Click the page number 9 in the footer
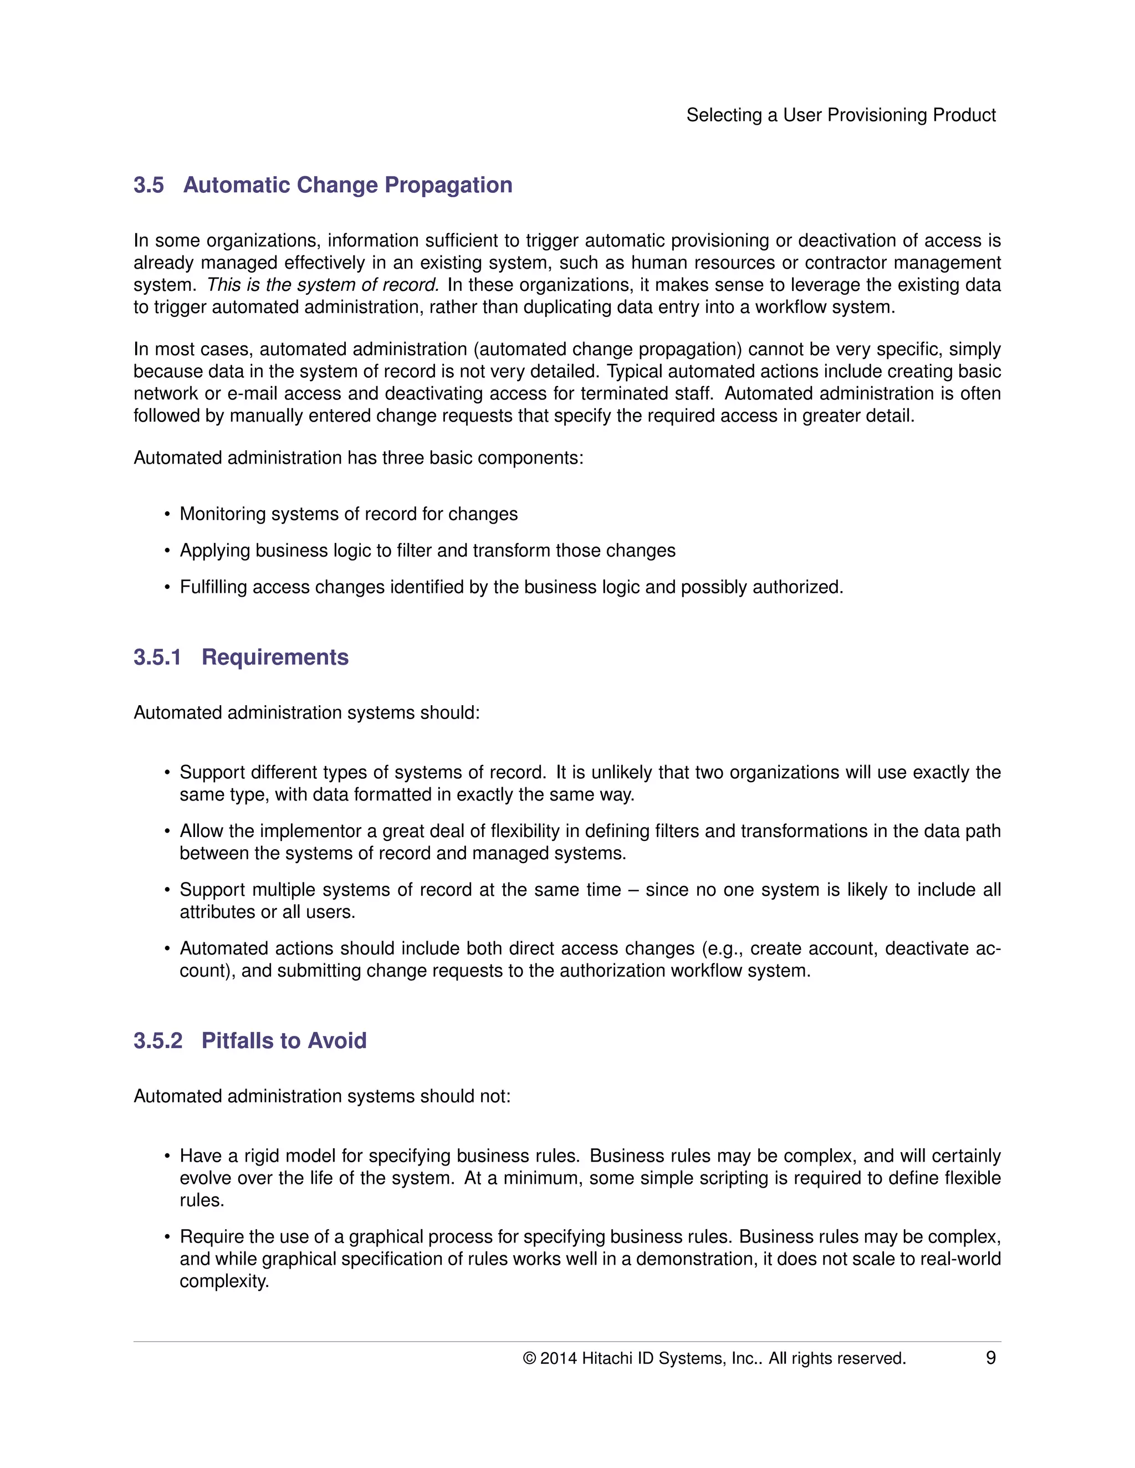tap(990, 1358)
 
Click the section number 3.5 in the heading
tap(149, 185)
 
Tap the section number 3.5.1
tap(157, 656)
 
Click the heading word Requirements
tap(275, 656)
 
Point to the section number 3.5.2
tap(158, 1040)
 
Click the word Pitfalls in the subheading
tap(236, 1040)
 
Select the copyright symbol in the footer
tap(529, 1358)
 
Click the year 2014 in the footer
tap(558, 1358)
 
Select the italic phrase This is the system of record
tap(323, 285)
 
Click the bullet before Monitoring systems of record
tap(167, 515)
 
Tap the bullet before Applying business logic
tap(167, 551)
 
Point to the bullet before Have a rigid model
tap(167, 1157)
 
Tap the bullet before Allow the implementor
tap(167, 832)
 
